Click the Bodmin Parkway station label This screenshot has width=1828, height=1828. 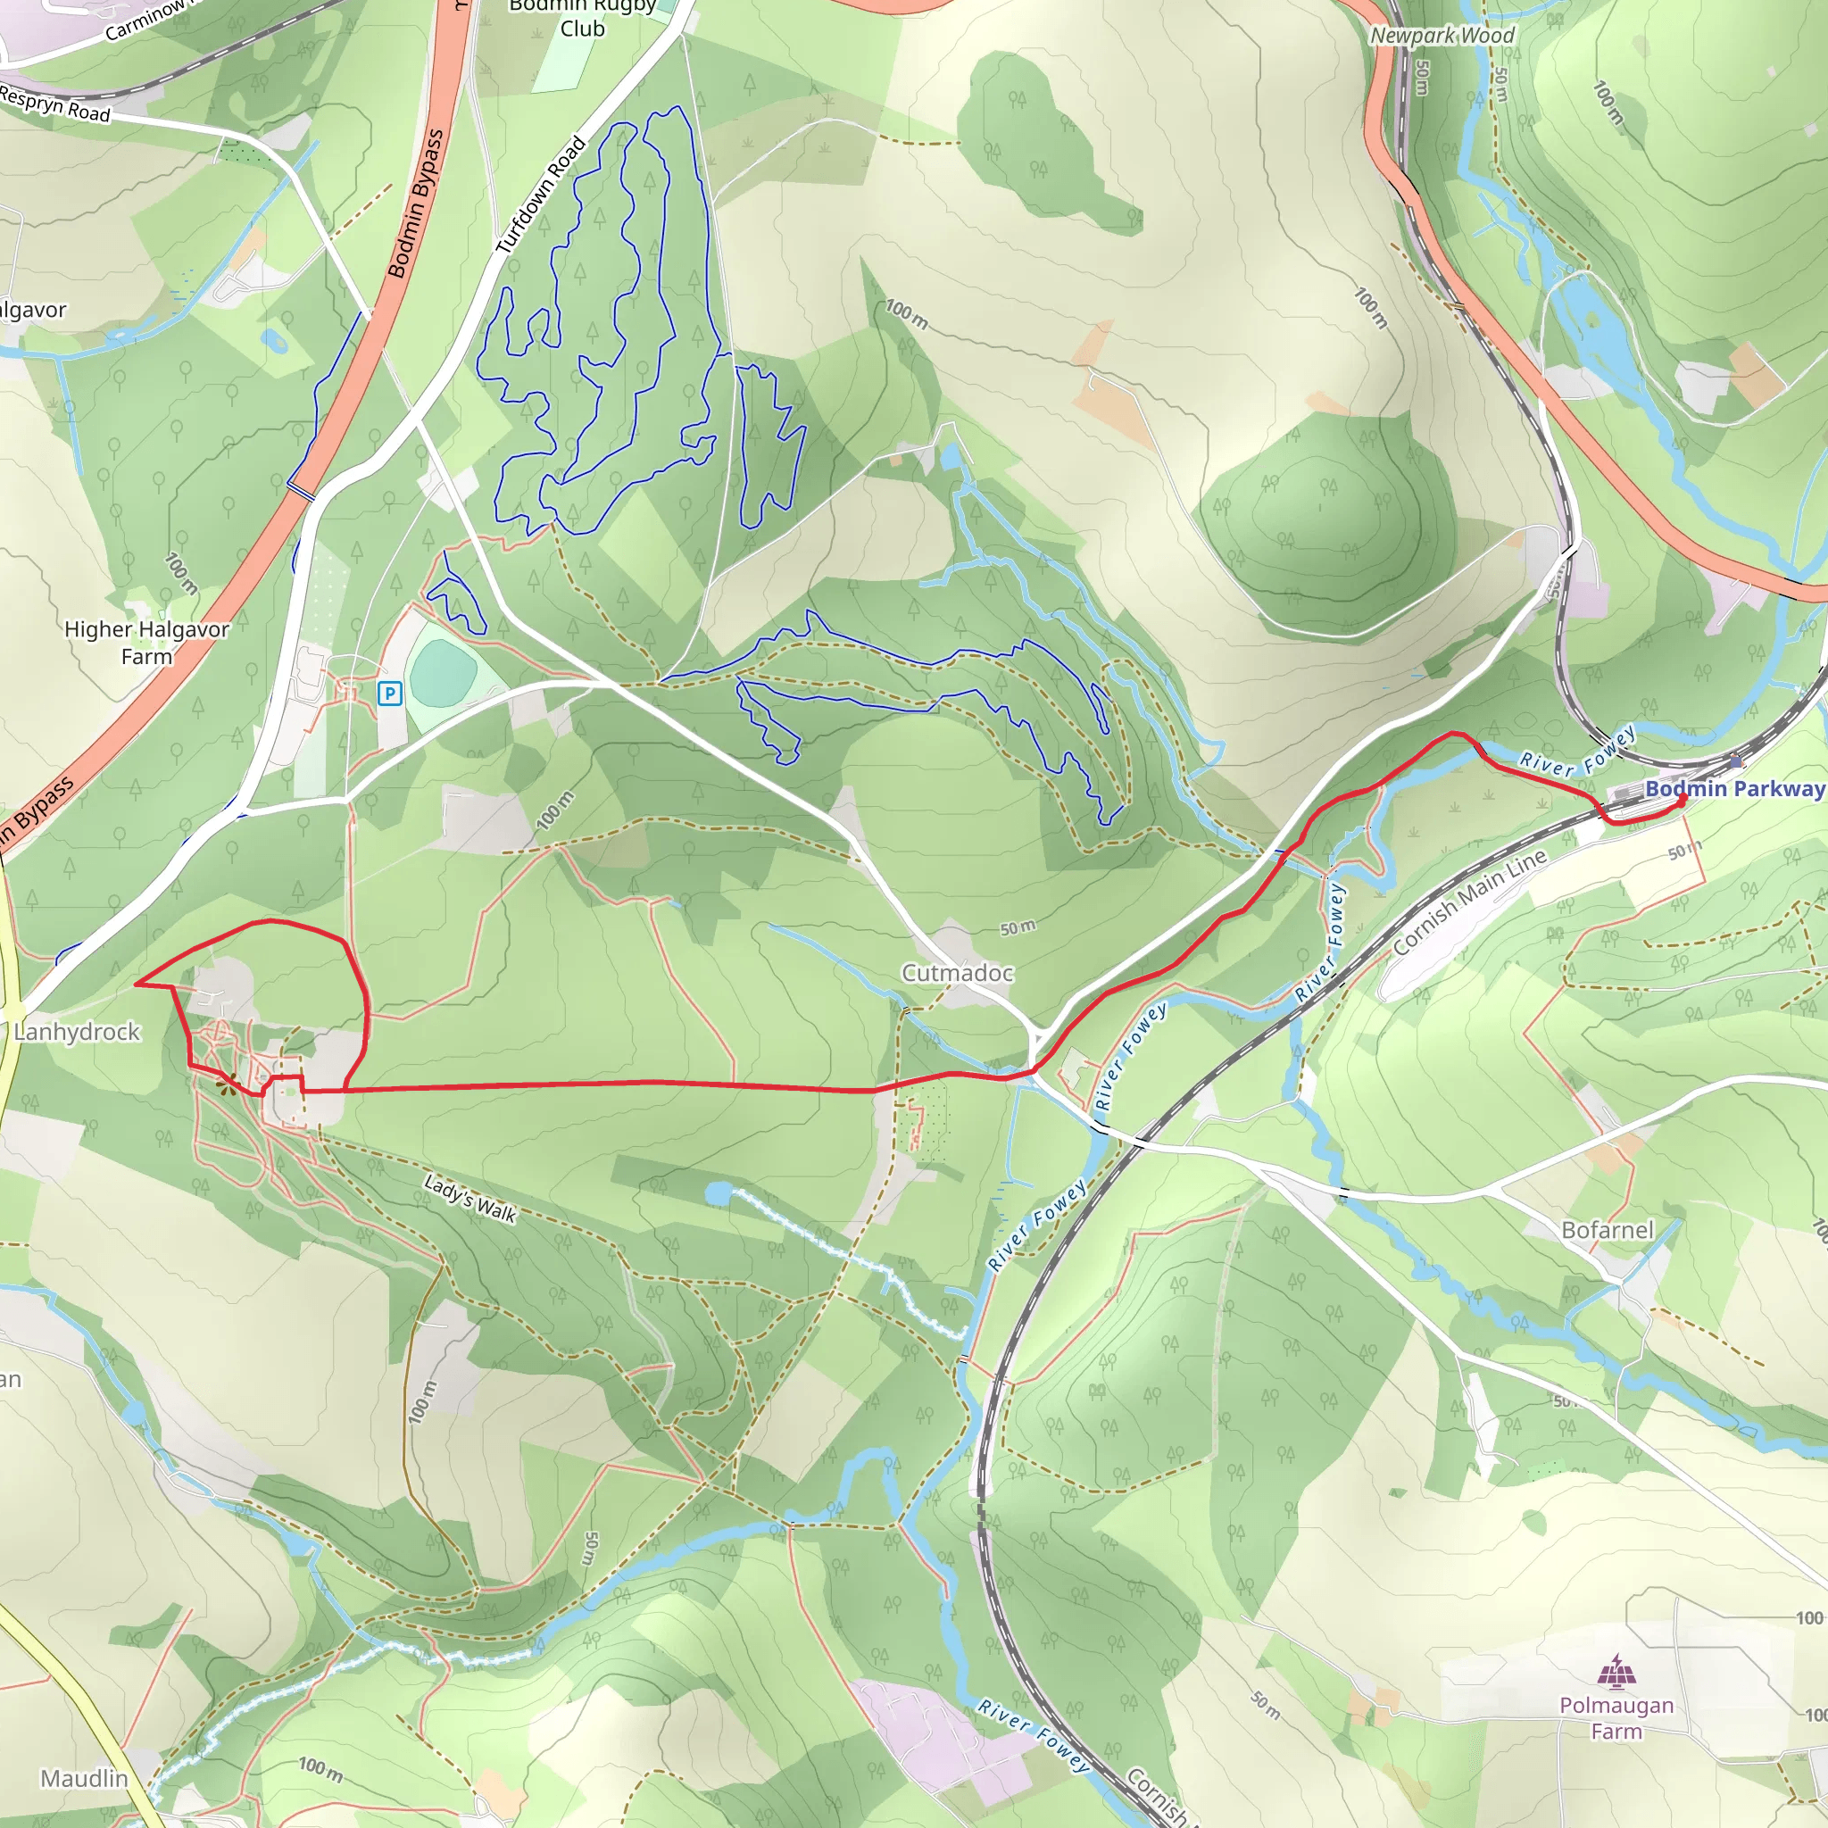[x=1734, y=789]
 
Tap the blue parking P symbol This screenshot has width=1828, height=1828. [x=389, y=694]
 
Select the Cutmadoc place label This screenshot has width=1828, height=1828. [x=957, y=973]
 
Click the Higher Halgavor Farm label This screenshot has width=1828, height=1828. [x=146, y=643]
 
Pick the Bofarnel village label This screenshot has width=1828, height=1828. [x=1608, y=1230]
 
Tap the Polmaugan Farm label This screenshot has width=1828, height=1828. [x=1616, y=1718]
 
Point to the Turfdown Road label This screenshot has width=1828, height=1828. [x=541, y=195]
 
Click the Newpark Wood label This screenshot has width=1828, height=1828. [x=1443, y=35]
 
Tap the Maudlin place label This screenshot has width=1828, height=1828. [x=83, y=1779]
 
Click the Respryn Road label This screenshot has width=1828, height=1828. [x=54, y=104]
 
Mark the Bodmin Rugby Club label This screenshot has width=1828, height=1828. [x=582, y=18]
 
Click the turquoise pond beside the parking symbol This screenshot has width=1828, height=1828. [x=443, y=672]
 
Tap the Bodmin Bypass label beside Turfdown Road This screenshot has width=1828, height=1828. [x=415, y=204]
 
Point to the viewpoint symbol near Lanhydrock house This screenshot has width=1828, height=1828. [x=225, y=1088]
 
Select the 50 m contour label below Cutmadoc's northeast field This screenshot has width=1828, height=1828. [x=1018, y=928]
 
